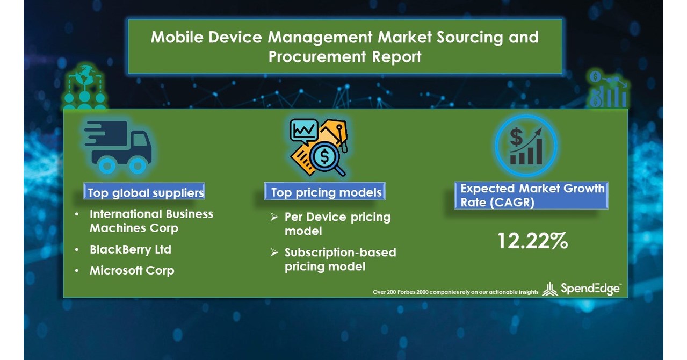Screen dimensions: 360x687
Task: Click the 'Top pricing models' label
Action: point(326,192)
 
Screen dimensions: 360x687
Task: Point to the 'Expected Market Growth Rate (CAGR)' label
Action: point(531,196)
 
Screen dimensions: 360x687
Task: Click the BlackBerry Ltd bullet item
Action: point(131,250)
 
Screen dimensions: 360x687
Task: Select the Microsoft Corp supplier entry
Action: point(132,270)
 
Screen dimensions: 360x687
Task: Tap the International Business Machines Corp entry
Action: point(150,221)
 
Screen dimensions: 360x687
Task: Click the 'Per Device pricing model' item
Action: point(337,224)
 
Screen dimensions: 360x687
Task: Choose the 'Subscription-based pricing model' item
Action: point(339,260)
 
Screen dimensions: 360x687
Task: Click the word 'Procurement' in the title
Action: point(312,56)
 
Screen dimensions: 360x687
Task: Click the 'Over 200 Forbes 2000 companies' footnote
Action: point(455,292)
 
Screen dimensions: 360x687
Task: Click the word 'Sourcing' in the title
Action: point(463,37)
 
